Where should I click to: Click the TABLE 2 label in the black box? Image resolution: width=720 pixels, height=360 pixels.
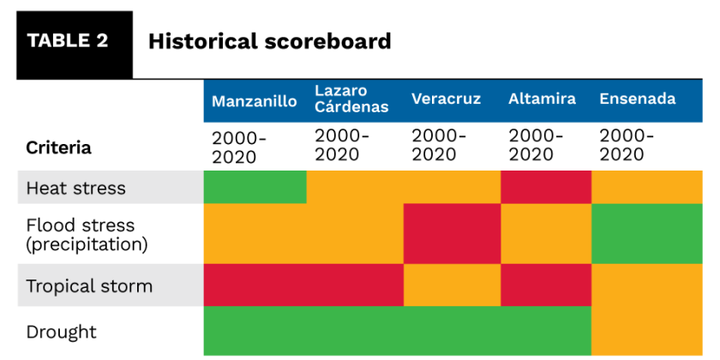(x=68, y=41)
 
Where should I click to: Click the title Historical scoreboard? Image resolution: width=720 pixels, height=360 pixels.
(x=269, y=41)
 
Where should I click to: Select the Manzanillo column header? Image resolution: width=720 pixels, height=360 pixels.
(x=255, y=101)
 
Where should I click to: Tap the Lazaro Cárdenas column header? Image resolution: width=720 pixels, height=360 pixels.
(x=351, y=99)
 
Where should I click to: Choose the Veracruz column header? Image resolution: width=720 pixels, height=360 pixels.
(x=446, y=99)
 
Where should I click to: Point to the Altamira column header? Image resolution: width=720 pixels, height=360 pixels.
(x=542, y=99)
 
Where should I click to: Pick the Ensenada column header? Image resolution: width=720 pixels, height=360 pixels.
(x=637, y=99)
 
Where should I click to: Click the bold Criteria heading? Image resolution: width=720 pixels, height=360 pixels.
(x=58, y=147)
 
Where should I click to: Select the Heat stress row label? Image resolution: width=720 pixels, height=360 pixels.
(x=76, y=188)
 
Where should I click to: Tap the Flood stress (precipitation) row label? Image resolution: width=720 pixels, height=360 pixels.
(x=86, y=234)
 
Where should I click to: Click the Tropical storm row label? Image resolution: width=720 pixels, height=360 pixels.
(x=89, y=286)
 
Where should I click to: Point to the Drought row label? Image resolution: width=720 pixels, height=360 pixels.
(x=62, y=332)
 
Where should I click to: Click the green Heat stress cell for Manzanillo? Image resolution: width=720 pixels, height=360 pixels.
(x=255, y=187)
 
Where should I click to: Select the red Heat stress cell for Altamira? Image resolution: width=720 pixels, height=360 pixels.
(x=546, y=187)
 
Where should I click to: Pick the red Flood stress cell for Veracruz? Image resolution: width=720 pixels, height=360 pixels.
(x=452, y=234)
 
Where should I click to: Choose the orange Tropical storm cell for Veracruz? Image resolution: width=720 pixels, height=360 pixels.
(x=452, y=285)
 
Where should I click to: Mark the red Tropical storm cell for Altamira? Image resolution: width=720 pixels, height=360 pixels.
(x=546, y=285)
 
